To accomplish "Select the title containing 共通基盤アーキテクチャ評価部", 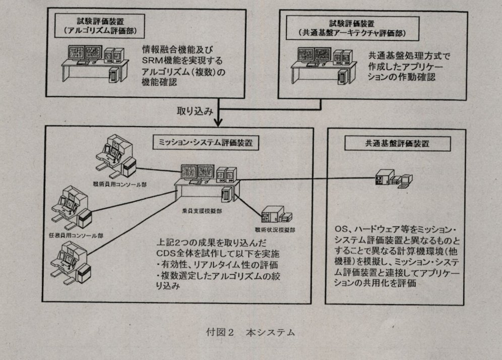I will tap(352, 29).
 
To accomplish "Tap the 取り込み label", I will tap(192, 110).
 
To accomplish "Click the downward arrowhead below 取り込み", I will tap(218, 123).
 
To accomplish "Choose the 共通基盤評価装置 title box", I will tap(398, 143).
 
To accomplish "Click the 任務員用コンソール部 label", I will tap(77, 235).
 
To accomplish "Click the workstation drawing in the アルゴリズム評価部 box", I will tap(95, 63).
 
